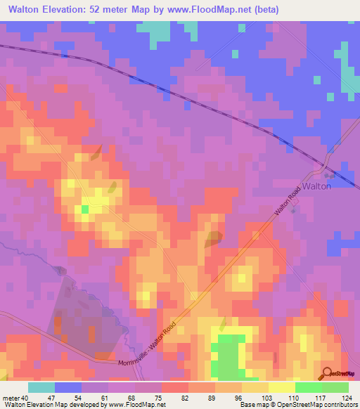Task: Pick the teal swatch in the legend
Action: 41,387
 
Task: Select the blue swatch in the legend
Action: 68,387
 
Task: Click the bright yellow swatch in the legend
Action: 282,387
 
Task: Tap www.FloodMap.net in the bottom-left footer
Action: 136,405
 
